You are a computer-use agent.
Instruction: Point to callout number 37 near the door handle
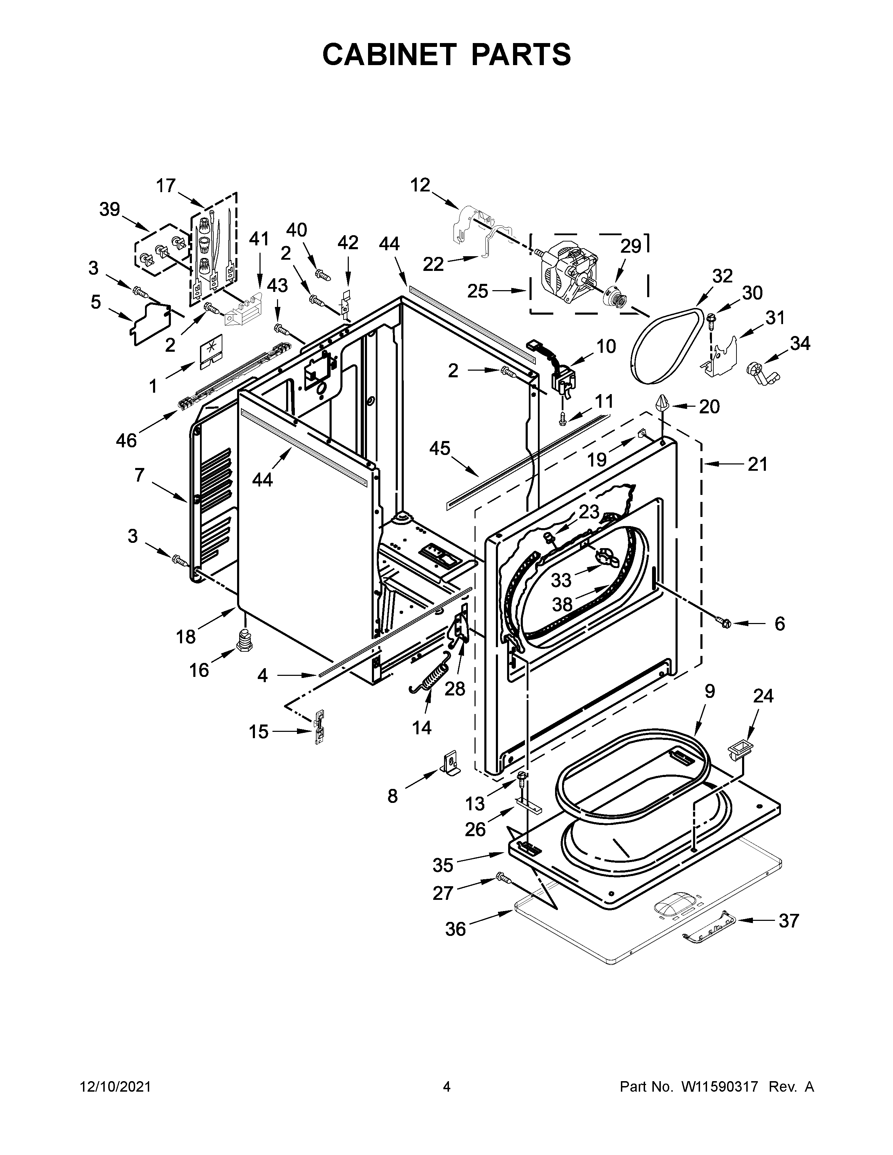[x=788, y=921]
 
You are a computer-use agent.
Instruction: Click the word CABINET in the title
[x=389, y=55]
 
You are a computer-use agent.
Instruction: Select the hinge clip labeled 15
[x=319, y=727]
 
